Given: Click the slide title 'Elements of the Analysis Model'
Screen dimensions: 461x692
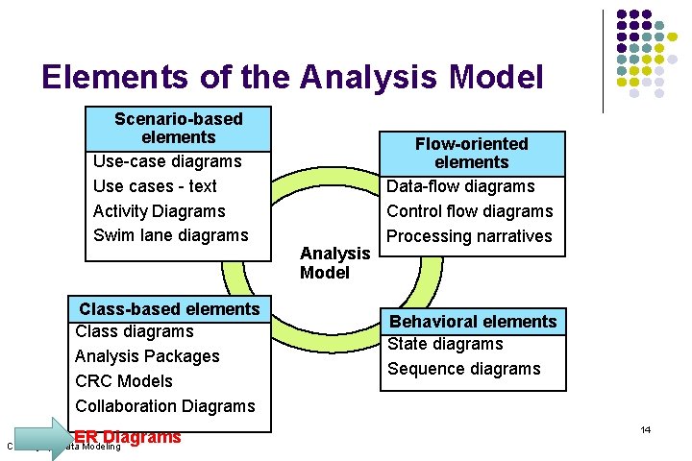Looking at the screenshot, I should [292, 77].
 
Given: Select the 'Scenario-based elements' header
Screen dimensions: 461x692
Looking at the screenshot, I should [178, 128].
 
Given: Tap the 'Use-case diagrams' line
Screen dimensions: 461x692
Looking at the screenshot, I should [166, 161].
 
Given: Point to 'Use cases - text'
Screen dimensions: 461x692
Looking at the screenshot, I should [155, 186].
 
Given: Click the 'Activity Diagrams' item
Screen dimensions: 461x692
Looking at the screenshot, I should [159, 211].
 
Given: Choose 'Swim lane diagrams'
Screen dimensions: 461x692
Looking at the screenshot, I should [170, 235].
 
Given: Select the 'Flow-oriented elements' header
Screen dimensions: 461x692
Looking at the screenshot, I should [471, 153].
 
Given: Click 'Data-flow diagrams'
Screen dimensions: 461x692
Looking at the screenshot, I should [460, 186].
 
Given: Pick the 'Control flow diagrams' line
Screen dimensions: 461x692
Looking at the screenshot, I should [469, 211].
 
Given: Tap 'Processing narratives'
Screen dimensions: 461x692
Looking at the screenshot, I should [469, 236].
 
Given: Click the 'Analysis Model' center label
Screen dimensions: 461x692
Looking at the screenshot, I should [334, 263].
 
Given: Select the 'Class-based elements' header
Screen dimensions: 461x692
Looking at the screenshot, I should [169, 309].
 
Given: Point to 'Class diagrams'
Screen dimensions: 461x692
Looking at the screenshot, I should [134, 331].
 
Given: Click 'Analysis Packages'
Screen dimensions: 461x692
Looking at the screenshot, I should [147, 356].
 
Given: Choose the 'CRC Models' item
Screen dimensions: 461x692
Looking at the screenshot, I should [124, 381].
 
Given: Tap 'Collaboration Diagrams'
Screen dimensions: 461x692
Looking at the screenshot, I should [165, 406].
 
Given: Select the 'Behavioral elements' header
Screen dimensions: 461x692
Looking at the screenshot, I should [472, 322].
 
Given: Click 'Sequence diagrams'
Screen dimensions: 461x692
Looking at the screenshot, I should [463, 369].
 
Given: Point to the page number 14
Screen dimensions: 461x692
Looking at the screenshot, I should [645, 429].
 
